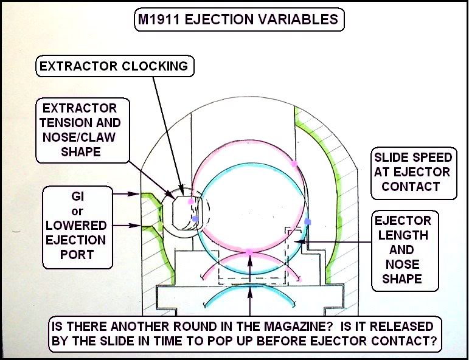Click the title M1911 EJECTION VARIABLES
(238, 19)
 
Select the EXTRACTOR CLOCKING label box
(115, 66)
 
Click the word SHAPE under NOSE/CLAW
(81, 151)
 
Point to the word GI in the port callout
(77, 197)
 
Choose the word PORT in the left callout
(77, 254)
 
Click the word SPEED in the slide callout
(431, 157)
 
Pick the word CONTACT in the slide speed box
(411, 187)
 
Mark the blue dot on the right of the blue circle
(308, 221)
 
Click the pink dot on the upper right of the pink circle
(294, 164)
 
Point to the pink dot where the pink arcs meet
(249, 252)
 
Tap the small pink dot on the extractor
(190, 201)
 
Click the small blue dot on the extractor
(195, 219)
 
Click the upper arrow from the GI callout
(126, 194)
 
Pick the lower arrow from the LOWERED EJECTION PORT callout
(126, 226)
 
